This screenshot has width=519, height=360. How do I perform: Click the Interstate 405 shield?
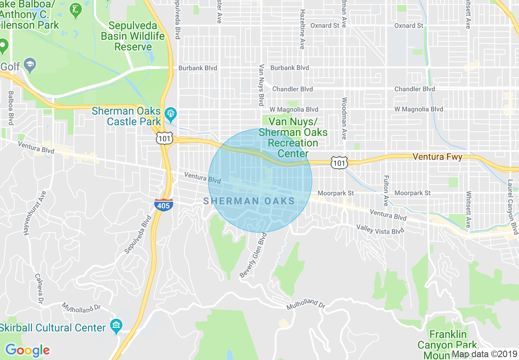tap(163, 205)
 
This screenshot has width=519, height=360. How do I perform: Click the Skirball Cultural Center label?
tap(53, 328)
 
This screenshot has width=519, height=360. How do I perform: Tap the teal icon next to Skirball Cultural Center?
tap(116, 326)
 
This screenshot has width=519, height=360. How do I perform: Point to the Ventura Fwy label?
tap(438, 157)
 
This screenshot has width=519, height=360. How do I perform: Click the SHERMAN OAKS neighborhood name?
tap(249, 201)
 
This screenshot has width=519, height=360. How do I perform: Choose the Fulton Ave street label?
tap(386, 191)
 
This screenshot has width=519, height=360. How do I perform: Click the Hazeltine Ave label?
tap(302, 29)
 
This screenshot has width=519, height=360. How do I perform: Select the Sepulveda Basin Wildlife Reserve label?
tap(133, 36)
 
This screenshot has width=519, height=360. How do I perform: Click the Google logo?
tap(27, 350)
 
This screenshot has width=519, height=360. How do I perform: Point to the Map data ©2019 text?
tap(484, 354)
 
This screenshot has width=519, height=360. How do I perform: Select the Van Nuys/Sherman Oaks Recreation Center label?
tap(293, 137)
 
